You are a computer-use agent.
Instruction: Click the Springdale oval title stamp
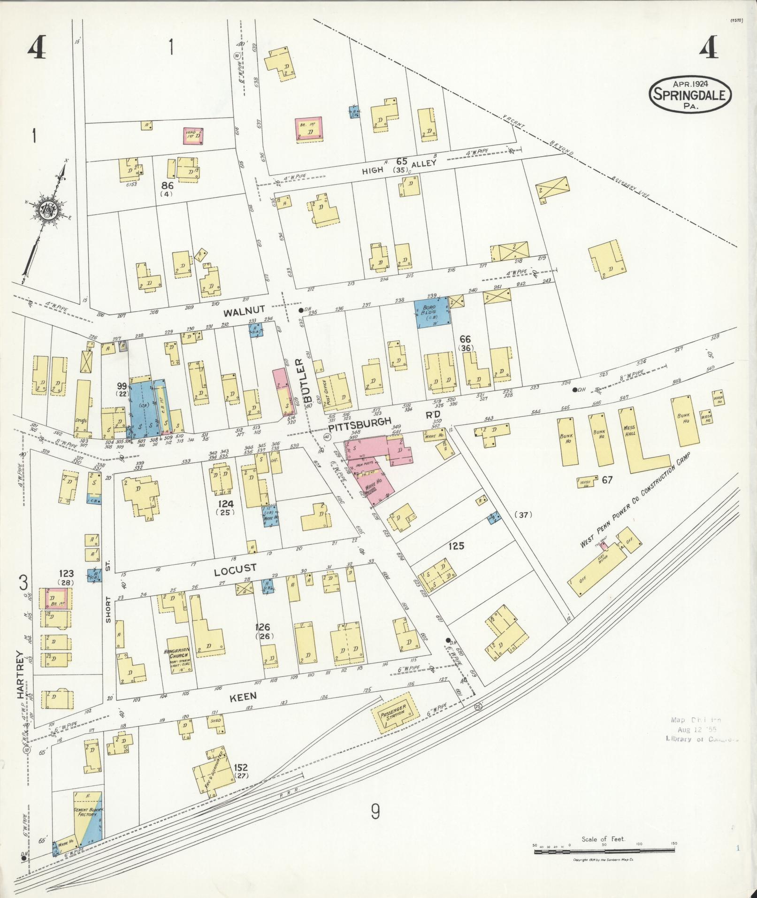689,94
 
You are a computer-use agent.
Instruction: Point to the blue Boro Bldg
431,312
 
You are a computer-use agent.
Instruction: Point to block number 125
456,546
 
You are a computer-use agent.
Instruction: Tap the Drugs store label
81,420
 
